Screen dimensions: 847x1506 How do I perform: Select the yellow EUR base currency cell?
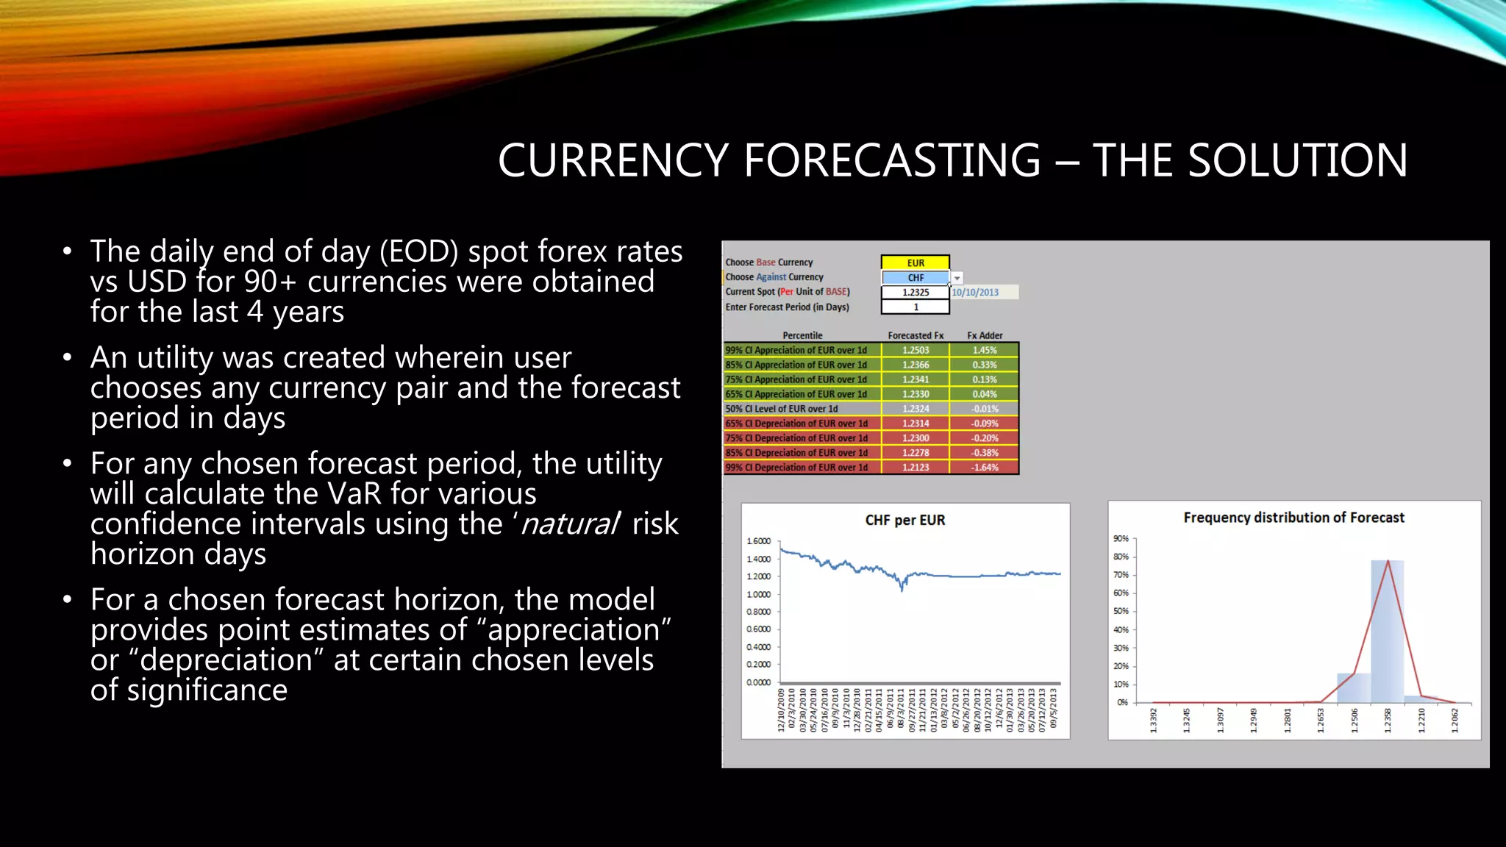pyautogui.click(x=916, y=262)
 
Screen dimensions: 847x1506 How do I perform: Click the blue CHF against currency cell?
pyautogui.click(x=916, y=277)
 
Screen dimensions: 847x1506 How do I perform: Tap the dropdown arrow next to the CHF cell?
pyautogui.click(x=957, y=278)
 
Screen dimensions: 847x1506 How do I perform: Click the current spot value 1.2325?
pyautogui.click(x=916, y=292)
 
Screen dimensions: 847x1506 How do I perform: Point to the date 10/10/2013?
pyautogui.click(x=976, y=292)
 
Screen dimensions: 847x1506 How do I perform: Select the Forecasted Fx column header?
pyautogui.click(x=916, y=335)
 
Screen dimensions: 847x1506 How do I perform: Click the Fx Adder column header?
pyautogui.click(x=985, y=335)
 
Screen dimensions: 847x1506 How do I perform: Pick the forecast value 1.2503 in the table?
pyautogui.click(x=916, y=350)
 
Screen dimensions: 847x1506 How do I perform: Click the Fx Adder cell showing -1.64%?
pyautogui.click(x=985, y=468)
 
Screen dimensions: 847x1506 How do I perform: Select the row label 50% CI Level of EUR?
pyautogui.click(x=782, y=409)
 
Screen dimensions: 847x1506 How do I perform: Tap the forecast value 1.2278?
pyautogui.click(x=916, y=453)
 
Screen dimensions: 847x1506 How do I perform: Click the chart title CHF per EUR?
pyautogui.click(x=905, y=520)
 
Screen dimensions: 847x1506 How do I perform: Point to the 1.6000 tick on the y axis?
pyautogui.click(x=759, y=541)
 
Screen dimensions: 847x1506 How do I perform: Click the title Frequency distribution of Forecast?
pyautogui.click(x=1293, y=518)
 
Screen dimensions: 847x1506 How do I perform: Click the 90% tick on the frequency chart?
pyautogui.click(x=1121, y=539)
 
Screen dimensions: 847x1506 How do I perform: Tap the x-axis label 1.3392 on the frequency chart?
pyautogui.click(x=1154, y=721)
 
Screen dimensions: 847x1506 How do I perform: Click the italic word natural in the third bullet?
pyautogui.click(x=570, y=524)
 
